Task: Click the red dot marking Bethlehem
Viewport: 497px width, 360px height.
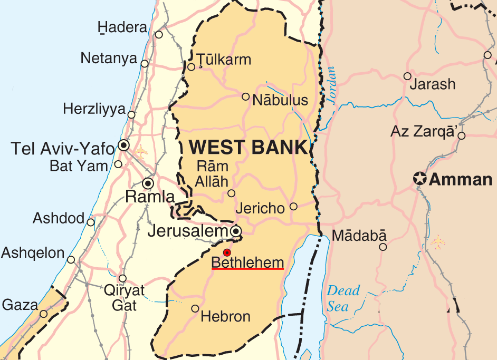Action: (x=227, y=252)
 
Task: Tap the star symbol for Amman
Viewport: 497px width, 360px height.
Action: (x=420, y=179)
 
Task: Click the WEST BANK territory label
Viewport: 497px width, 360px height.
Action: (x=247, y=147)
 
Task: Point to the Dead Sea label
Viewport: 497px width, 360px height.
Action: (x=343, y=298)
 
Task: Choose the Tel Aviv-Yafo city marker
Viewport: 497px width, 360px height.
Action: (x=124, y=144)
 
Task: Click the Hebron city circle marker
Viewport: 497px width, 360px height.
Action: (x=195, y=308)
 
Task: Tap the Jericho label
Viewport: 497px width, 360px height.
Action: (x=260, y=208)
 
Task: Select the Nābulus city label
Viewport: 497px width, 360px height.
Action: (x=280, y=100)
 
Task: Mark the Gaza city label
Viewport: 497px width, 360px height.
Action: (x=20, y=305)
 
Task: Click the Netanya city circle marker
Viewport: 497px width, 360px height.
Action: (x=145, y=64)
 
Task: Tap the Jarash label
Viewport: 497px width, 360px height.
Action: (x=433, y=84)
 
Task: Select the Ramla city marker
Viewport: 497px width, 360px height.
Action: (x=148, y=183)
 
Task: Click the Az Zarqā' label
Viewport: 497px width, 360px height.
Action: (x=423, y=132)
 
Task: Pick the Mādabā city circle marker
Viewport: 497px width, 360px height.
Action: (x=383, y=247)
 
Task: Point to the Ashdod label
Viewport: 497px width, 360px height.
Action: (x=59, y=218)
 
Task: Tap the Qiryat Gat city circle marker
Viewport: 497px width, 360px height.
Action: (x=122, y=278)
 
